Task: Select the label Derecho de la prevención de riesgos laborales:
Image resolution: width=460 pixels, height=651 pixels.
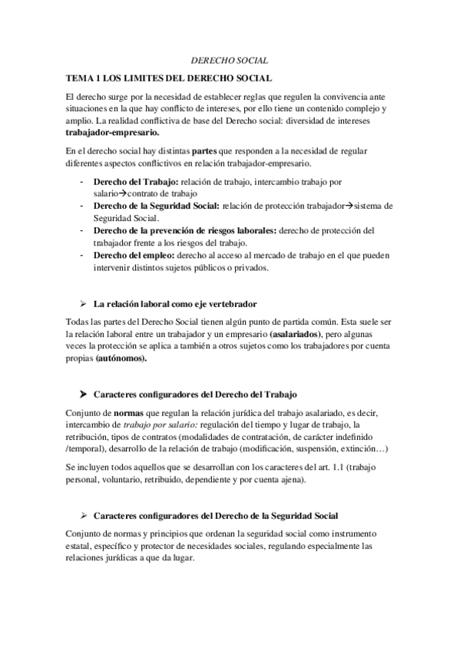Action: pos(184,230)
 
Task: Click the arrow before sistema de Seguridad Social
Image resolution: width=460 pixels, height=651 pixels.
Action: pos(346,206)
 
